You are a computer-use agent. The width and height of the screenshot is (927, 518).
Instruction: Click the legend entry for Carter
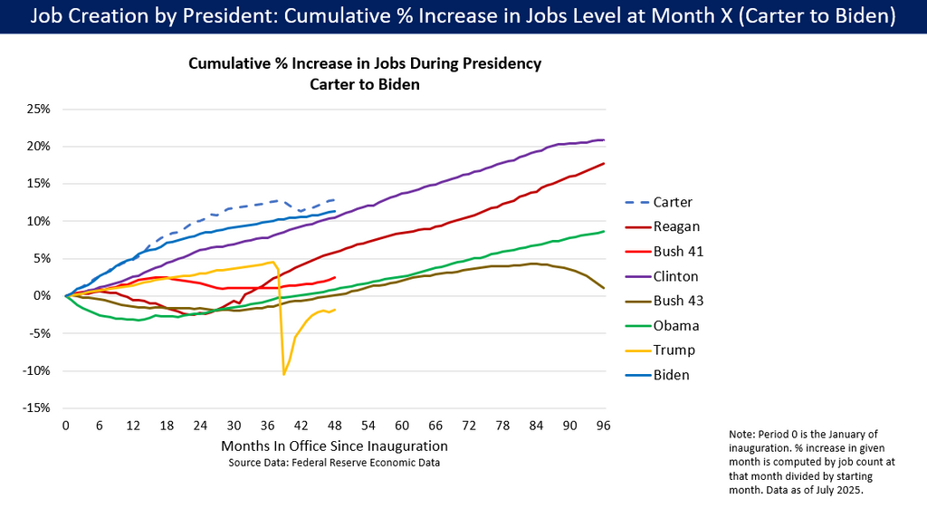coord(672,202)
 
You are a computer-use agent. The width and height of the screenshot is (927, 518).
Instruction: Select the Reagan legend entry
coord(674,226)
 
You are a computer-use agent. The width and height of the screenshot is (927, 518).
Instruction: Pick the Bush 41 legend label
coord(678,251)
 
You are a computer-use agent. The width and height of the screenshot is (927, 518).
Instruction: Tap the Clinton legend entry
coord(675,276)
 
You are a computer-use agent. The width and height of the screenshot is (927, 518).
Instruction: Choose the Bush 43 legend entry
coord(678,301)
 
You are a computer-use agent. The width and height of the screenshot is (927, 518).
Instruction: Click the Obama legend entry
coord(675,325)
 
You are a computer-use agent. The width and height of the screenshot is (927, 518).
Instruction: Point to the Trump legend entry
coord(674,350)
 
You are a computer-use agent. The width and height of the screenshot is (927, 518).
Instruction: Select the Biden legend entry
coord(672,375)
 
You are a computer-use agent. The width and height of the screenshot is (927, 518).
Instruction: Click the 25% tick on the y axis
coord(37,109)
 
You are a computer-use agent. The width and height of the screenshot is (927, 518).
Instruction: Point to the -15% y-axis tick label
coord(35,408)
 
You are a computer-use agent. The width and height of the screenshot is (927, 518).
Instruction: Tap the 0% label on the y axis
coord(42,295)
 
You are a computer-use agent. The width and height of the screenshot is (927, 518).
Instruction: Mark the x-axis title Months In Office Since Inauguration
coord(334,446)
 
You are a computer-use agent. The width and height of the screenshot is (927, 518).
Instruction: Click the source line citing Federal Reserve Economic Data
coord(334,463)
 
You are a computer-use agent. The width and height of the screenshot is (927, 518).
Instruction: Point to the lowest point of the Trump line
coord(284,374)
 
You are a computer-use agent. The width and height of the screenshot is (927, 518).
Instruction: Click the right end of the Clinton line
coord(604,139)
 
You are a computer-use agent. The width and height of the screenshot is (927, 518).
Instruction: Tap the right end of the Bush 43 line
coord(604,288)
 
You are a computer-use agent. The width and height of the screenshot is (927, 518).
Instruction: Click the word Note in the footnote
coord(741,436)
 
